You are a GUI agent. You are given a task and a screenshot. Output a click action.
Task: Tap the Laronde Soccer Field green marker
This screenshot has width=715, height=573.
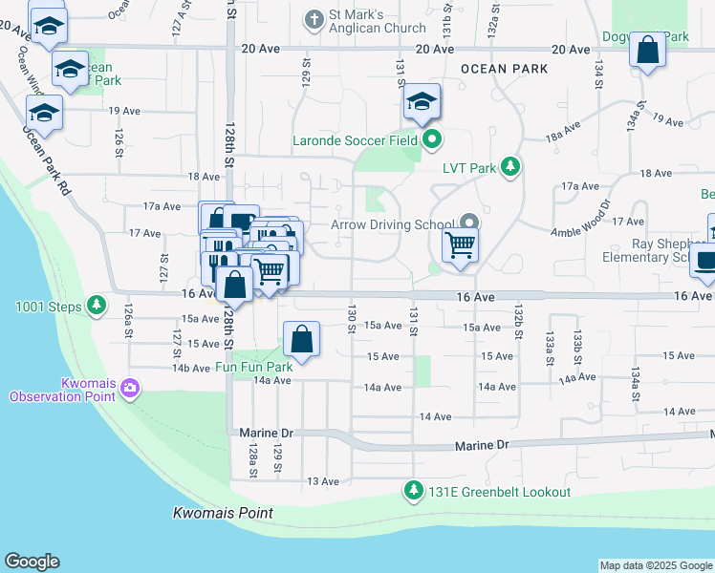pyautogui.click(x=432, y=140)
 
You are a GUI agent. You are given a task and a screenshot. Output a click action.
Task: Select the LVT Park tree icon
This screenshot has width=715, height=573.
pyautogui.click(x=511, y=168)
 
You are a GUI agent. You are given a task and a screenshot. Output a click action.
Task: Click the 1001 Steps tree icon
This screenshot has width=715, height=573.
pyautogui.click(x=97, y=306)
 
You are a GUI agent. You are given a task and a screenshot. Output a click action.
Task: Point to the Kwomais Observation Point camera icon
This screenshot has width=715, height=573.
pyautogui.click(x=131, y=389)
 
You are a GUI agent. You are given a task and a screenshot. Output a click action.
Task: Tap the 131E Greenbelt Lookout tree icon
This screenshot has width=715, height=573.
pyautogui.click(x=414, y=492)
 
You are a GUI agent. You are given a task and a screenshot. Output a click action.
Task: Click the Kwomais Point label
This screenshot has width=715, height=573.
pyautogui.click(x=223, y=513)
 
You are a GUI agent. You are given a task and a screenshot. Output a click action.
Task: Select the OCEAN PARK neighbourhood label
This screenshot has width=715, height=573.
pyautogui.click(x=504, y=69)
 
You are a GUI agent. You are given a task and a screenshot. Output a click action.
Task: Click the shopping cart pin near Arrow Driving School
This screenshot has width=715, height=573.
pyautogui.click(x=461, y=245)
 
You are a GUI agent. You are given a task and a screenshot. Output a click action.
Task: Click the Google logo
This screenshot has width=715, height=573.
pyautogui.click(x=32, y=562)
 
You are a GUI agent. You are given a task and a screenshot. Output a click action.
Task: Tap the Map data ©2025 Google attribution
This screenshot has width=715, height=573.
pyautogui.click(x=655, y=565)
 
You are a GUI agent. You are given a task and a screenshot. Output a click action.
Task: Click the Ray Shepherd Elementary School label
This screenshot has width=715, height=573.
pyautogui.click(x=658, y=249)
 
